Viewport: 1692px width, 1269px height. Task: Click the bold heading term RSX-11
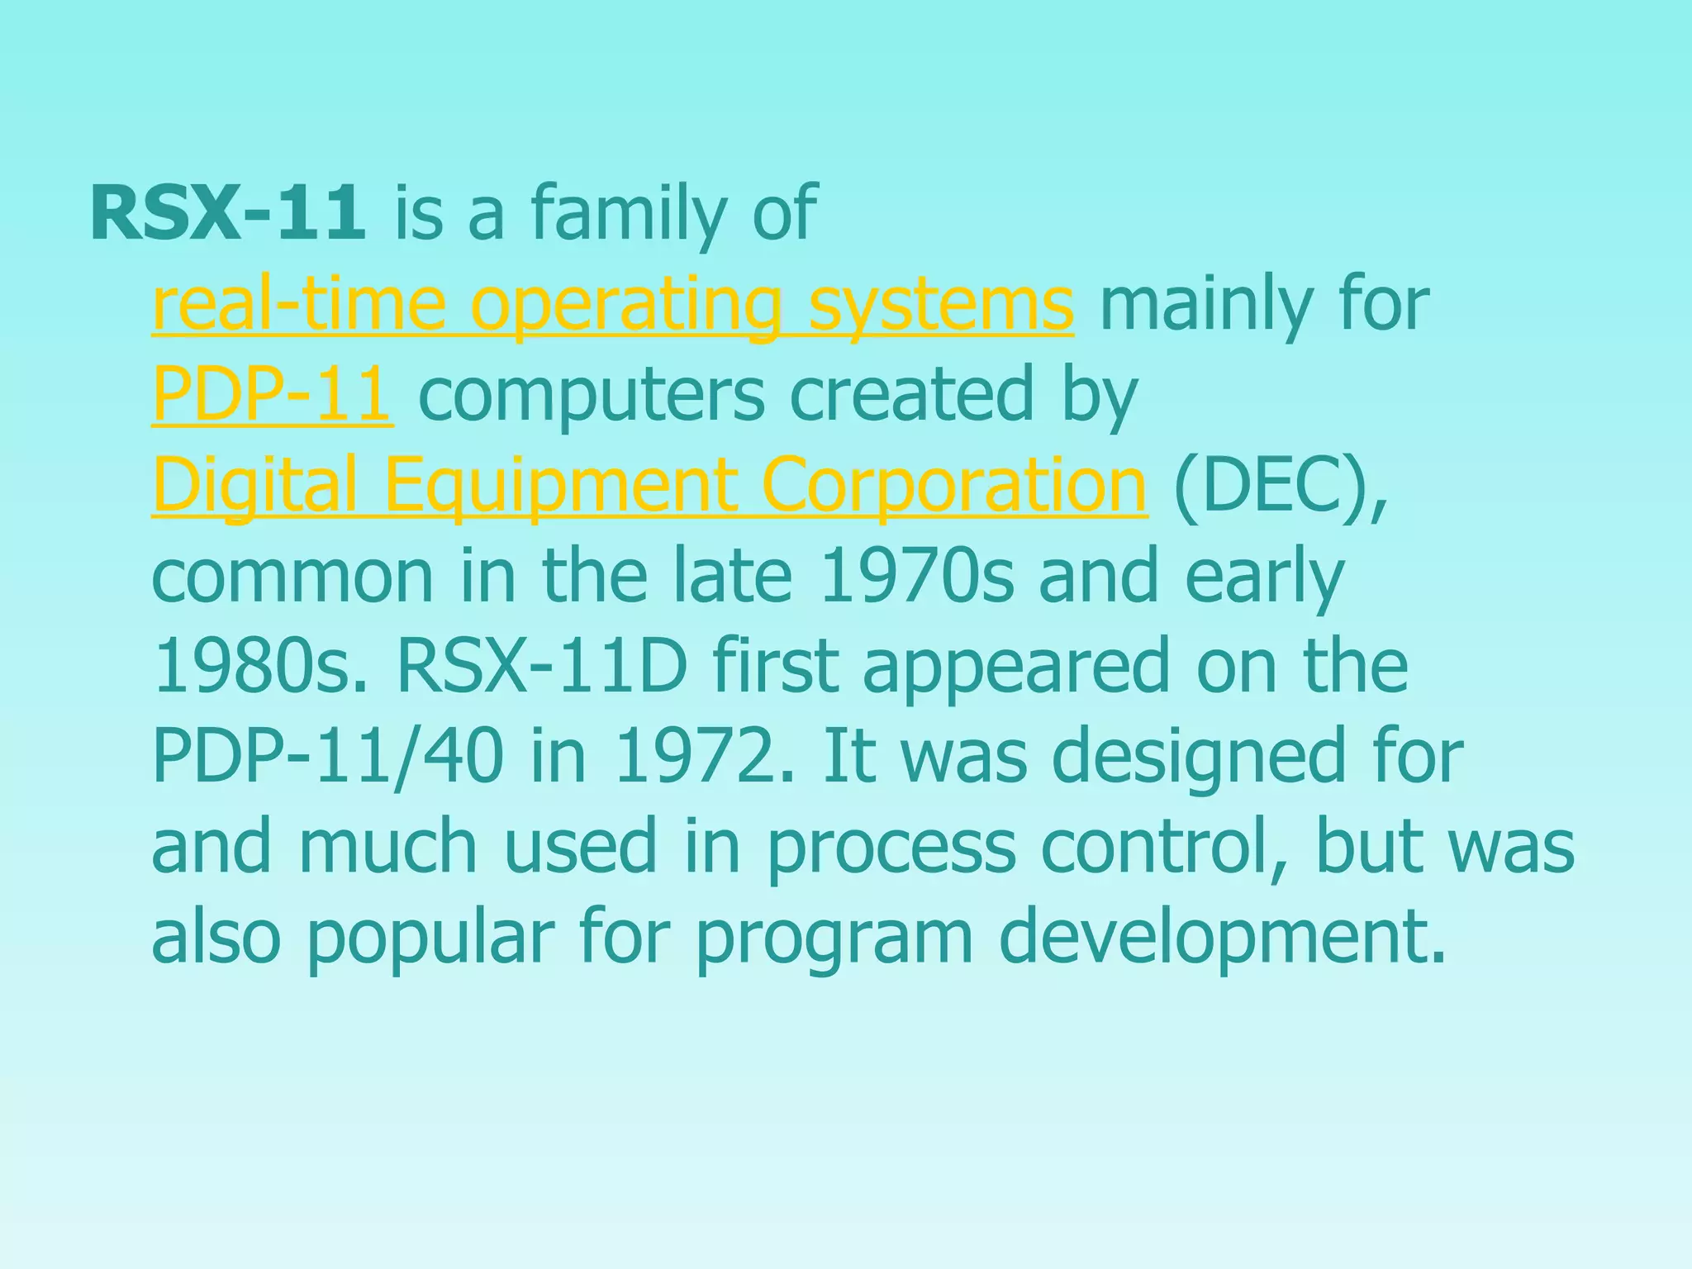[x=227, y=214]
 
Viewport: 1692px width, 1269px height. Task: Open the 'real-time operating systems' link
[x=612, y=305]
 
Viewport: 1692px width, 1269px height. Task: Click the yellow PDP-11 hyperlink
[x=272, y=394]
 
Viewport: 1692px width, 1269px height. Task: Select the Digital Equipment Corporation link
[x=649, y=485]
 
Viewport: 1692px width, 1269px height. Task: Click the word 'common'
[x=292, y=576]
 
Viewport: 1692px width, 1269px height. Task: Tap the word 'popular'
[x=430, y=938]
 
